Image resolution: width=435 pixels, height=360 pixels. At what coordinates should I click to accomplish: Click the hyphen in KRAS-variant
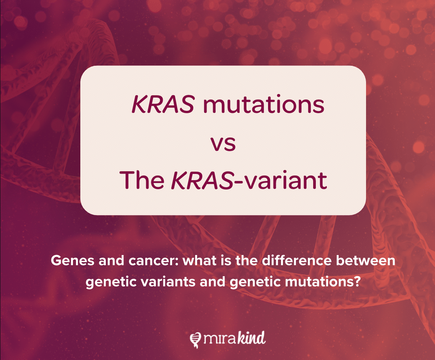238,182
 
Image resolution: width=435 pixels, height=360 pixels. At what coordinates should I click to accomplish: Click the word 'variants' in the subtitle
167,282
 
